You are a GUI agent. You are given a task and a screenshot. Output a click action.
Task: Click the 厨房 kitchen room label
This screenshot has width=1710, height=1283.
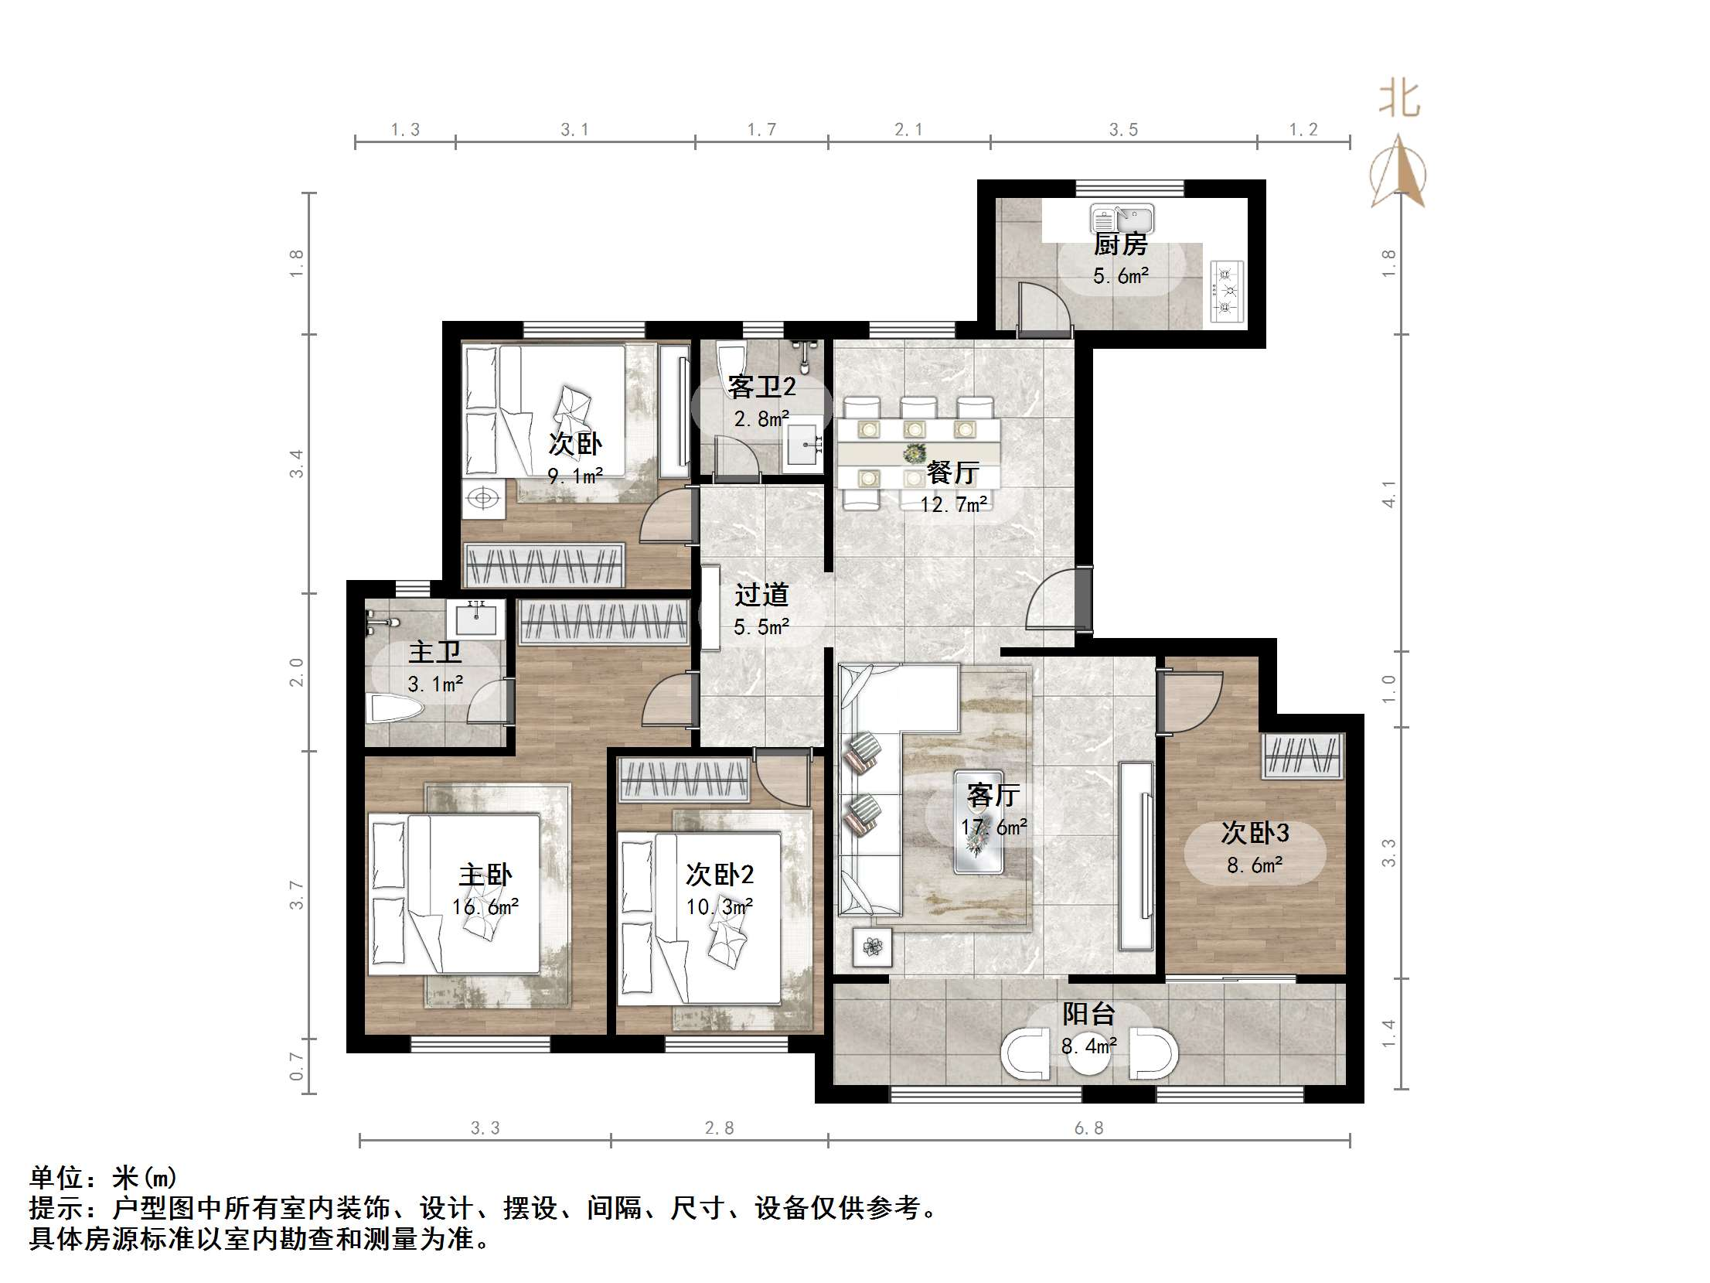coord(1120,245)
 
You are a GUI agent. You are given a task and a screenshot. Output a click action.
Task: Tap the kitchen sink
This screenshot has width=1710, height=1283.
coord(1122,219)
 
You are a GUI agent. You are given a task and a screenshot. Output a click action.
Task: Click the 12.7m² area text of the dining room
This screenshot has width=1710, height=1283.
coord(953,505)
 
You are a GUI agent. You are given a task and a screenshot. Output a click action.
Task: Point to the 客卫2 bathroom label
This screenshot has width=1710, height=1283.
coord(761,387)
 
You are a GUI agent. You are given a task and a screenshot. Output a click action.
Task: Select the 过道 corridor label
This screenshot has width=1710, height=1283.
coord(761,595)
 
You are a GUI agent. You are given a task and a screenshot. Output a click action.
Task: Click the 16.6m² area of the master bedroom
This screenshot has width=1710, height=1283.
coord(485,906)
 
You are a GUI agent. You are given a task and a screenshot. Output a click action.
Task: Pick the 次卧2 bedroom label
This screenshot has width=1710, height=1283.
coord(719,875)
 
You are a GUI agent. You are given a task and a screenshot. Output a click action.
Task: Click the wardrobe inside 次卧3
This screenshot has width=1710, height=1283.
coord(1303,756)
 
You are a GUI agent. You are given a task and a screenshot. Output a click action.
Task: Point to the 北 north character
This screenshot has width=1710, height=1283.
coord(1398,101)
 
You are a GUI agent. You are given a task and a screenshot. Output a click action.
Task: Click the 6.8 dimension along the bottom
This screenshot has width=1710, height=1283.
coord(1088,1129)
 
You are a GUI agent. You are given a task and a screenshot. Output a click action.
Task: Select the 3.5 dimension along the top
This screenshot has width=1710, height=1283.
coord(1123,130)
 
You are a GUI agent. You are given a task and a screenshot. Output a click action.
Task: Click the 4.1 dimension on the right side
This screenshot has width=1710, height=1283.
coord(1389,493)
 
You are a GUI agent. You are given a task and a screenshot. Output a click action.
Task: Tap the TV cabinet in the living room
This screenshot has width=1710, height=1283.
coord(1135,856)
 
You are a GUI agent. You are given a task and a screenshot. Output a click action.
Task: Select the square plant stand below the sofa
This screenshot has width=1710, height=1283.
coord(873,947)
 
